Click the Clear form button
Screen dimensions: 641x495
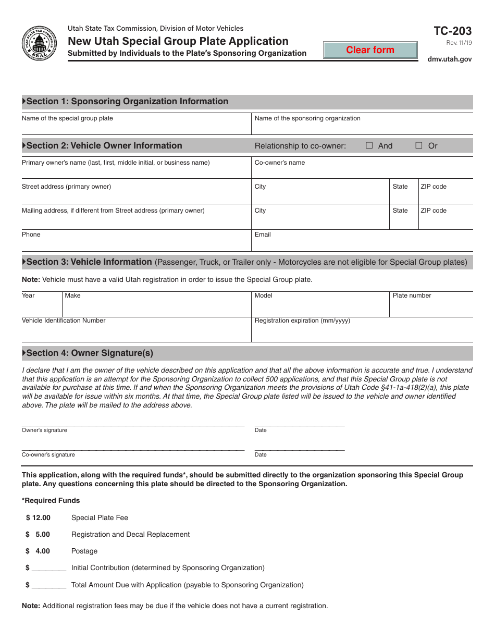pos(370,50)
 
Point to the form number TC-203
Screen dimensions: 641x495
pos(452,31)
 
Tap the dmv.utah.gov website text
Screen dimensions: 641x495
pos(449,59)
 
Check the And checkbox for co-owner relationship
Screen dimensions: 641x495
pos(369,146)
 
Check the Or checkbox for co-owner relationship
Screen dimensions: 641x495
pos(419,146)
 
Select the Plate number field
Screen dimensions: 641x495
pos(431,307)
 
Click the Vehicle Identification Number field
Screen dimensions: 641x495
pos(135,332)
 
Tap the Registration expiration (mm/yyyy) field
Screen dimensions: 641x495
pos(362,332)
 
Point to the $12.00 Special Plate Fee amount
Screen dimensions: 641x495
pos(39,517)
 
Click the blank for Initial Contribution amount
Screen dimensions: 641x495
pos(49,568)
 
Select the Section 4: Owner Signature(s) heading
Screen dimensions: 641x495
pos(90,353)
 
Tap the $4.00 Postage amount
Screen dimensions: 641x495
pos(39,551)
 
